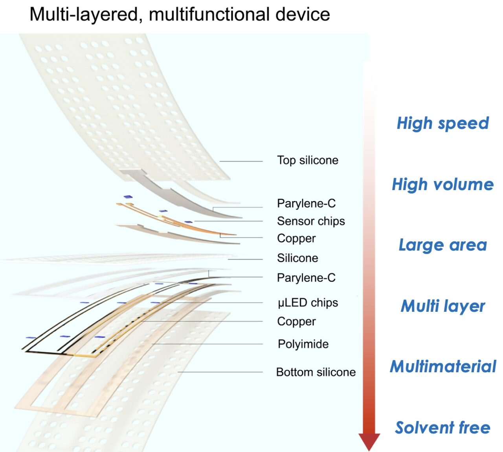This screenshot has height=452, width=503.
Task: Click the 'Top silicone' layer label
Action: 307,161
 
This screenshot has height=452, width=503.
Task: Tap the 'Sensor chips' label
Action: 311,221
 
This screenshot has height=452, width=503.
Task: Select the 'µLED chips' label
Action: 308,303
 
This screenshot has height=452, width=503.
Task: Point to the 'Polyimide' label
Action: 303,344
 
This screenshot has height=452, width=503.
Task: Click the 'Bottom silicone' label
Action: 316,372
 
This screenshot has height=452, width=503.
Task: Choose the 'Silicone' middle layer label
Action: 297,258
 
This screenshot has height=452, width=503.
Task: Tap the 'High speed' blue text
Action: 443,124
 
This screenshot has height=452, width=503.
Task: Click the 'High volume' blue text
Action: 443,185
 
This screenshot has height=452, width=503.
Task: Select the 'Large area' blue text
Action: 443,245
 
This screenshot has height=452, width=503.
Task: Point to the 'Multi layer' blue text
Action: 443,306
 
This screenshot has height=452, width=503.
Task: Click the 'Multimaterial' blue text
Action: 443,366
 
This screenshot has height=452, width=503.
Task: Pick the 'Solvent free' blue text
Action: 442,428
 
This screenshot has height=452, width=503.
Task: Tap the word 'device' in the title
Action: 303,14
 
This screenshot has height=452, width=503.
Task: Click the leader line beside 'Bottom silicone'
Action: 220,372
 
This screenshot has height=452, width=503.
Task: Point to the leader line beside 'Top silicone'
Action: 241,161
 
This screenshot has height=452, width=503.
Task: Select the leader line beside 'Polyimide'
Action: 207,344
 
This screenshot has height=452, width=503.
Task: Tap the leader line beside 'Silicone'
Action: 245,259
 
